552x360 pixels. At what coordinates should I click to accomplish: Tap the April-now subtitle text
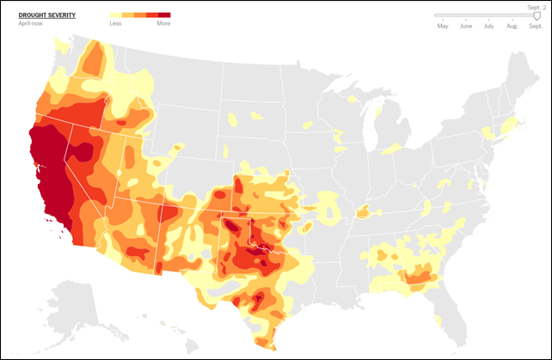30,23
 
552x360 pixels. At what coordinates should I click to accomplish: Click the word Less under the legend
115,23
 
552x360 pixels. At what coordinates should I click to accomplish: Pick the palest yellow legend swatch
116,15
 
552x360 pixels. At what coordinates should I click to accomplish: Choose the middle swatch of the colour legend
140,15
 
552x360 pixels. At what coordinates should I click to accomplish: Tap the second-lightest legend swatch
128,15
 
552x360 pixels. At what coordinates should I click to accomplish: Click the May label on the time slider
443,27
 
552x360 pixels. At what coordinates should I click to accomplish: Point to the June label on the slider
466,27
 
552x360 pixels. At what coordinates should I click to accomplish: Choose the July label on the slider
489,27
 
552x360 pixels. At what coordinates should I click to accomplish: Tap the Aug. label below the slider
512,27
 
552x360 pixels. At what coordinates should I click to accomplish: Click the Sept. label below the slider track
535,27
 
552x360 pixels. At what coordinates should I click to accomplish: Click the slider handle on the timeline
537,15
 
